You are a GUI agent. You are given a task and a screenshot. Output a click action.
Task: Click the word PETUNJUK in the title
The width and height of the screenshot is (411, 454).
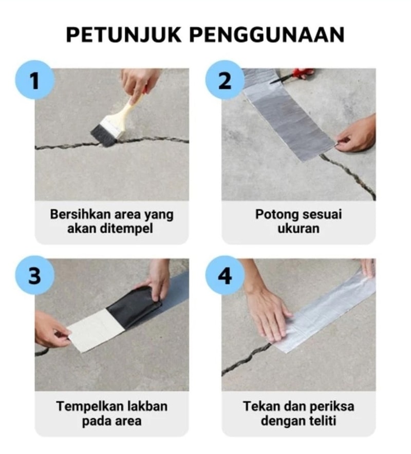124,35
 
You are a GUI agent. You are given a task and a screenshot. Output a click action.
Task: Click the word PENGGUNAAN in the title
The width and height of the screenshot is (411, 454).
267,35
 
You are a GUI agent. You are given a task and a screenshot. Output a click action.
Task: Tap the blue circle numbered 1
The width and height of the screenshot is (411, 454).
35,80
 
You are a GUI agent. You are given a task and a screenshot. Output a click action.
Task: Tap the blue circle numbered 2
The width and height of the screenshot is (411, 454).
225,80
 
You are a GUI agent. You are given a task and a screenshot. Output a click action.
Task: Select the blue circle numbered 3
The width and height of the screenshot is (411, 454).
35,275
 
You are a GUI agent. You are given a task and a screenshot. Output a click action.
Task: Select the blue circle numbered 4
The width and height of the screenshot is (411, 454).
225,275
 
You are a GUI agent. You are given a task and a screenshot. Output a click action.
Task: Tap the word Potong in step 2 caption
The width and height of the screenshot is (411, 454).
276,215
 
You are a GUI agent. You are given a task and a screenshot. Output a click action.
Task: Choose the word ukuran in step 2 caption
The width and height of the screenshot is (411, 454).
298,229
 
